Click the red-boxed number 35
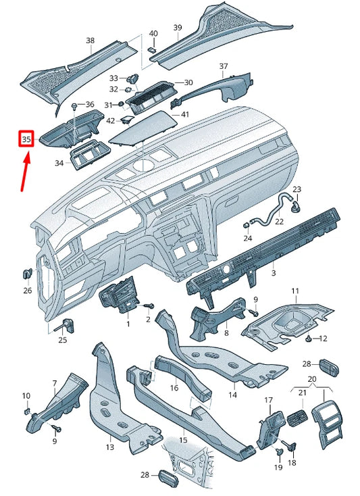[x=26, y=140]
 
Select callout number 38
[x=91, y=41]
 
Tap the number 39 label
[x=178, y=28]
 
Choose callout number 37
[x=224, y=66]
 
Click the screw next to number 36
[x=73, y=107]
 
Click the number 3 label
[x=274, y=273]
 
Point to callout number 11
[x=294, y=291]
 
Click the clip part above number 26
[x=28, y=274]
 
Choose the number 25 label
[x=62, y=340]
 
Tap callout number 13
[x=110, y=447]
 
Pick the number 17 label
[x=268, y=401]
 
